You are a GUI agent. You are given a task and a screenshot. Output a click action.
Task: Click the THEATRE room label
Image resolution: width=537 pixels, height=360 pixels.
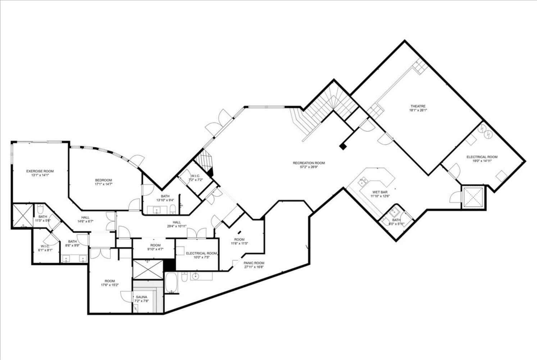click(x=418, y=106)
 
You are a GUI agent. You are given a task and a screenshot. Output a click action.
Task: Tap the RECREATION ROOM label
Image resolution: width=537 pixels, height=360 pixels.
click(x=309, y=163)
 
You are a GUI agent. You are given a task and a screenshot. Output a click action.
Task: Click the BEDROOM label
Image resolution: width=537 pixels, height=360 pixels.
click(x=104, y=180)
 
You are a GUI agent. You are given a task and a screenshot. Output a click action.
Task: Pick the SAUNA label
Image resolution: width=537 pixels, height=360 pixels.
click(x=141, y=297)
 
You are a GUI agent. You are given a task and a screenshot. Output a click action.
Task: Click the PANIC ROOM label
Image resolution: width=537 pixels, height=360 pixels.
click(x=254, y=263)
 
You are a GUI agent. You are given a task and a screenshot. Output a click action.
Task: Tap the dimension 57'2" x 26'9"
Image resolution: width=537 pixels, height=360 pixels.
click(x=309, y=167)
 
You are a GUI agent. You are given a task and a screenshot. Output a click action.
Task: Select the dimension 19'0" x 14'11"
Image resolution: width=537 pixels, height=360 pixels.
click(x=482, y=161)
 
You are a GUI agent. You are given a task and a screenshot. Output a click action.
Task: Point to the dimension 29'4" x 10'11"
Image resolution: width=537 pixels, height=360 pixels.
click(x=177, y=226)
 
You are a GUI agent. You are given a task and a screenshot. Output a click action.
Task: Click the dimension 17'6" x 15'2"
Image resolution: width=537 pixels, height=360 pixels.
click(x=110, y=285)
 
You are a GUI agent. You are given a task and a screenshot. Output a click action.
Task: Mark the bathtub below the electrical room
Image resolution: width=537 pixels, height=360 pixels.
click(x=171, y=283)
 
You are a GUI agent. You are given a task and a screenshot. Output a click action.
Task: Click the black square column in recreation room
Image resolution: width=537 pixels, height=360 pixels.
click(x=343, y=146)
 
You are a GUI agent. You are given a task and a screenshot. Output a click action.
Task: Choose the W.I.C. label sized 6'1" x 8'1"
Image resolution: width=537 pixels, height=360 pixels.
click(x=45, y=246)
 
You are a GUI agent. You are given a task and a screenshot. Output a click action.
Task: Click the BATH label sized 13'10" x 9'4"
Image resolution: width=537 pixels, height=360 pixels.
click(x=165, y=196)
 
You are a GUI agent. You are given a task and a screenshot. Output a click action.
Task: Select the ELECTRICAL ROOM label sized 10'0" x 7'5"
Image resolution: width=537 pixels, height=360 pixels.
click(x=201, y=253)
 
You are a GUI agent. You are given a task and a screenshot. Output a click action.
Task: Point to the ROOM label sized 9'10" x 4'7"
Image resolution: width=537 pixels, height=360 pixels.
click(x=155, y=245)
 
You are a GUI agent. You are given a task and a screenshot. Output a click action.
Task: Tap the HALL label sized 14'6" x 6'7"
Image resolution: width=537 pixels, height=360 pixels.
click(x=85, y=217)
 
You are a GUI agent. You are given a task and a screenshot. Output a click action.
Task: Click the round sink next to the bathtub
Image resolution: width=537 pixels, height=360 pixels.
click(x=195, y=276)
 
